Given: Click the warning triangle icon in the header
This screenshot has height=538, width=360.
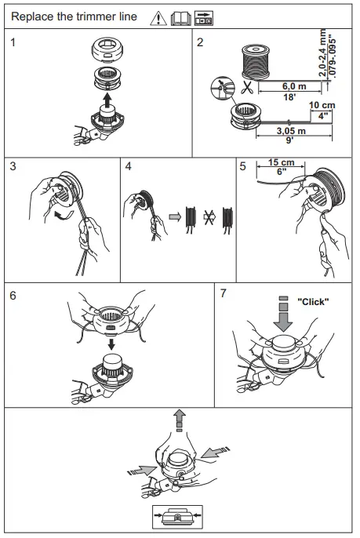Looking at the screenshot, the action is [158, 18].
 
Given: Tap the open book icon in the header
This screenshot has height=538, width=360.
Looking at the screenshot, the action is [181, 19].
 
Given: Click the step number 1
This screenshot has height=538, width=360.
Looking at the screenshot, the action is [13, 42].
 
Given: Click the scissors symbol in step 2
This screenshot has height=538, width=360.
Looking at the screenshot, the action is [246, 87].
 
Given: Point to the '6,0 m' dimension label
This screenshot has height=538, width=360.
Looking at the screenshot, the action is [294, 85].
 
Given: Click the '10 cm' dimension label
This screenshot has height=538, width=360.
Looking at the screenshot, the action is [322, 105].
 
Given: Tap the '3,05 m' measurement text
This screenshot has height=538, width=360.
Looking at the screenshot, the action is [291, 131].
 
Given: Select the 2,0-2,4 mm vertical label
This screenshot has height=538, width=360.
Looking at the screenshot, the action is [322, 53].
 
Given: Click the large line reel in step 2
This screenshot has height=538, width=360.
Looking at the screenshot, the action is [256, 62].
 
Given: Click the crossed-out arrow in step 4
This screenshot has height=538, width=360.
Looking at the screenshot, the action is [209, 216].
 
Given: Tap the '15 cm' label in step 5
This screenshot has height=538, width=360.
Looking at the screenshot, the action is [282, 162].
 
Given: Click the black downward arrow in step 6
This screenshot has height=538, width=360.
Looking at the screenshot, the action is [111, 344].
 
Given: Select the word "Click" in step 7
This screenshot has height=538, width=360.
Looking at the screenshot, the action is [313, 302].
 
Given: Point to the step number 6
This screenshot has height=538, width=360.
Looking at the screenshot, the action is [13, 296].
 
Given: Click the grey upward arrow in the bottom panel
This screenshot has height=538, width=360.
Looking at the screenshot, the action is [179, 420].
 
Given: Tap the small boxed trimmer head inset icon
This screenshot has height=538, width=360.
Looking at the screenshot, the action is [177, 517].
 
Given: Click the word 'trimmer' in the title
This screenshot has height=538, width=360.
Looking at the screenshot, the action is [97, 16].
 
